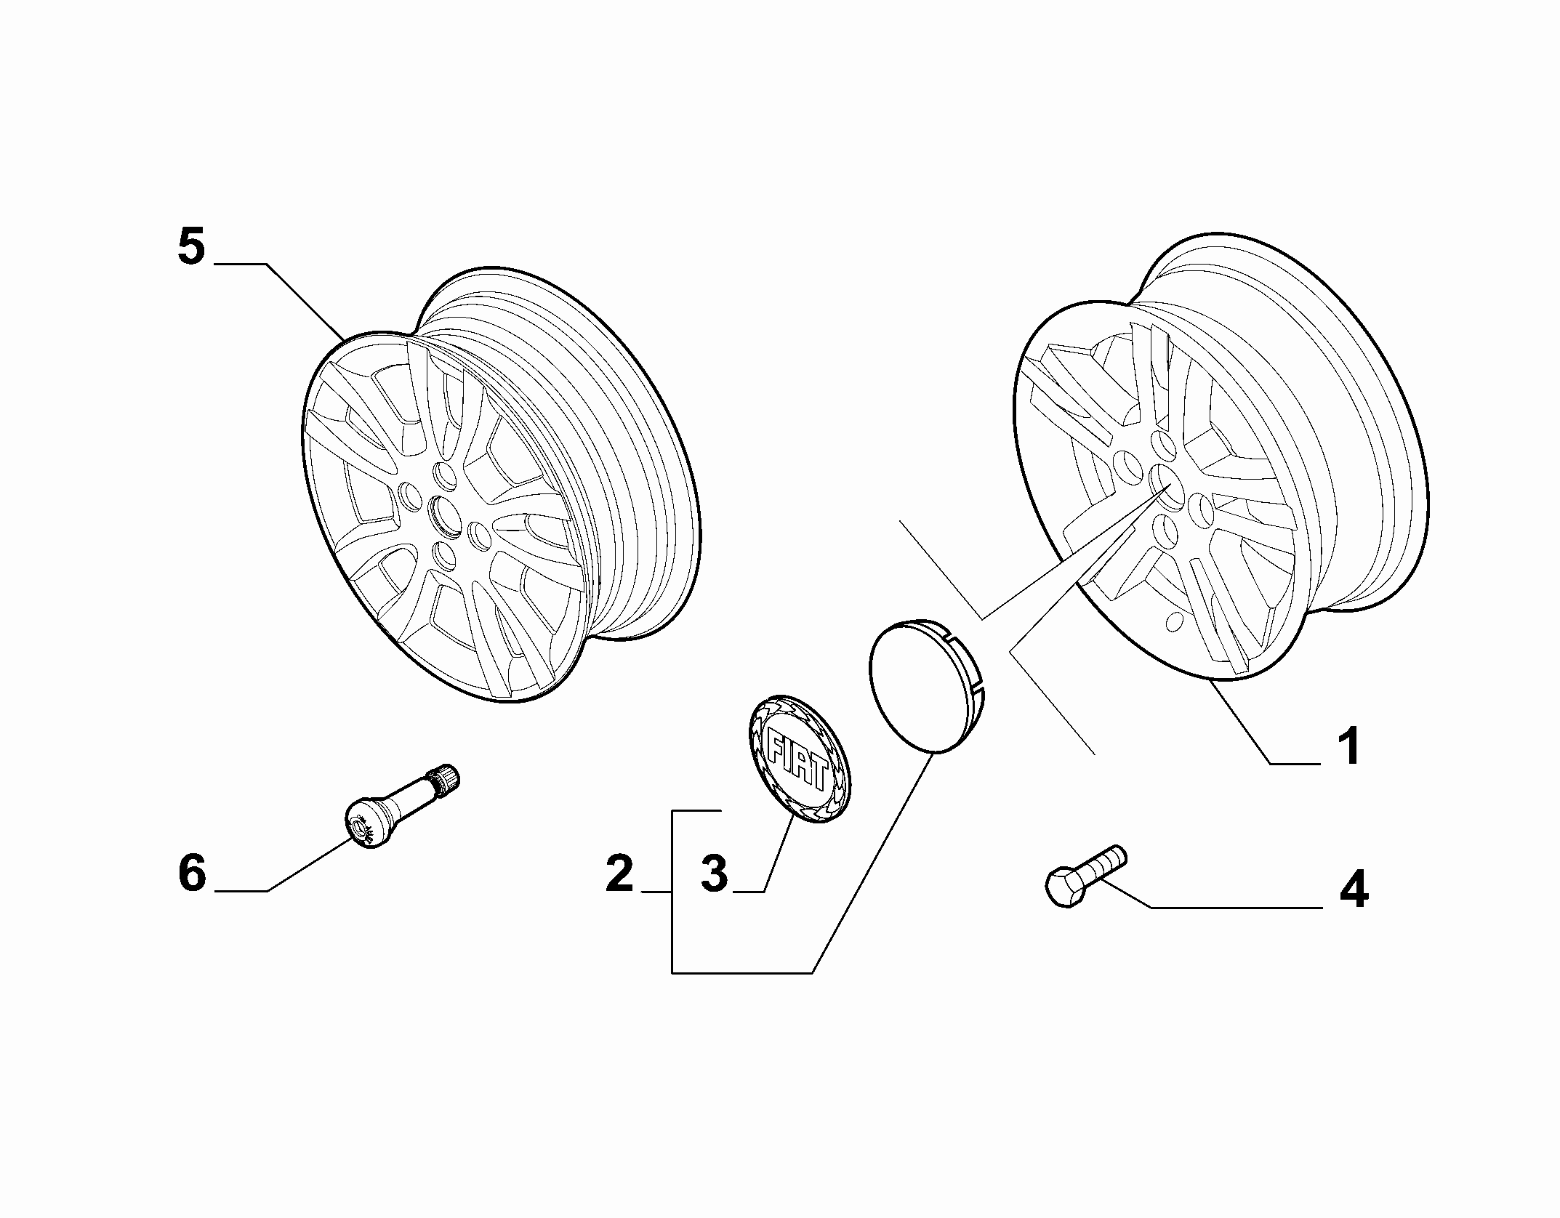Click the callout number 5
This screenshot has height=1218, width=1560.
192,247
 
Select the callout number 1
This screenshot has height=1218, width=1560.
1349,746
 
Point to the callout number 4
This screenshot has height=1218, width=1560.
1353,889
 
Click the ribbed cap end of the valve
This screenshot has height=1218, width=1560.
444,778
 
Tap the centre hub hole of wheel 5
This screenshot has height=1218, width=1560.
442,515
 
